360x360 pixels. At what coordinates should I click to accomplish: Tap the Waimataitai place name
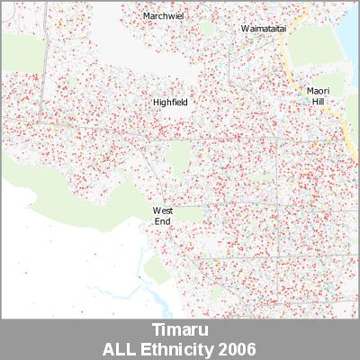click(263, 29)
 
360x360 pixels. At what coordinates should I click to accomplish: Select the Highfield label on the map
click(170, 103)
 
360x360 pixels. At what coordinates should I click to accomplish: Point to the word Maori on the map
click(318, 91)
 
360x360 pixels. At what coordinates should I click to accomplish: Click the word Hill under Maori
click(318, 103)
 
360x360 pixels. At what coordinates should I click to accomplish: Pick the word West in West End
click(162, 211)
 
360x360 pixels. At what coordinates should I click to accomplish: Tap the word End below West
click(162, 220)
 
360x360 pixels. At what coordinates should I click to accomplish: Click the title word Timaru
click(179, 329)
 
